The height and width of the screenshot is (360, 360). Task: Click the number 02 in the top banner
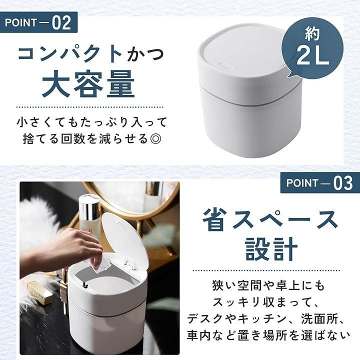pyautogui.click(x=61, y=23)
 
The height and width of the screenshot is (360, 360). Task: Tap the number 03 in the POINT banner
pyautogui.click(x=343, y=183)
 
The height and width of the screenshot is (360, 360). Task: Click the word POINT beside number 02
pyautogui.click(x=20, y=23)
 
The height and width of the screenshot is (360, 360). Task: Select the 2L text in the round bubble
pyautogui.click(x=312, y=56)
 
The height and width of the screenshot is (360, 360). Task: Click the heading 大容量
pyautogui.click(x=88, y=84)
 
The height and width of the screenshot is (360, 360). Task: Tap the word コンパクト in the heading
pyautogui.click(x=70, y=54)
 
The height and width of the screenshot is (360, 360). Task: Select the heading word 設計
pyautogui.click(x=271, y=249)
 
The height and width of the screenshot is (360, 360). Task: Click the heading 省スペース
pyautogui.click(x=270, y=219)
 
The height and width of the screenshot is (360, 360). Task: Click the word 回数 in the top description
pyautogui.click(x=73, y=138)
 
